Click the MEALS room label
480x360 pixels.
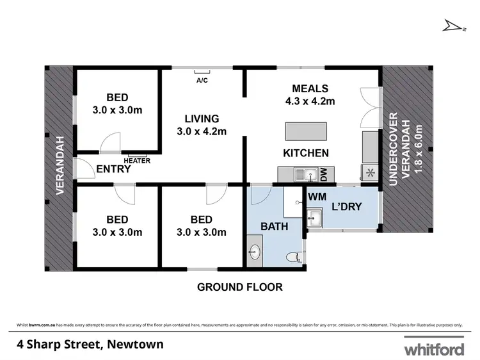coord(310,88)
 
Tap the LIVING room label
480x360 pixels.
coord(202,119)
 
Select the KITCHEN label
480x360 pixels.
coord(306,153)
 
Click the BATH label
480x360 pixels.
coord(273,226)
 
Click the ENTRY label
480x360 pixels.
coord(113,169)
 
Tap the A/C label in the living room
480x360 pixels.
coord(202,81)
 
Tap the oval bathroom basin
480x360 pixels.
coord(254,250)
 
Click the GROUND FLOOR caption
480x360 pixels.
coord(239,287)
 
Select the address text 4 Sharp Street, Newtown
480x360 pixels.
coord(90,345)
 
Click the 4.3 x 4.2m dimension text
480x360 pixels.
coord(310,101)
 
